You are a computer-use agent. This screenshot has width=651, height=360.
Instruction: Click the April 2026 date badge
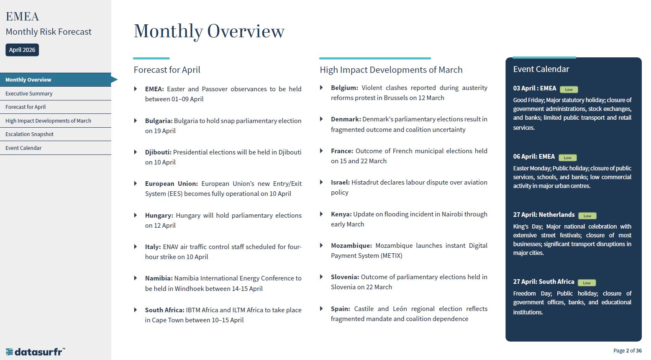click(x=22, y=50)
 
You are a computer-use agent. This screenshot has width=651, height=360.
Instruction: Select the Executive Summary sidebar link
click(x=29, y=93)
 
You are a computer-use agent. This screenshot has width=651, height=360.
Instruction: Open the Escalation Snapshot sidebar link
click(x=29, y=134)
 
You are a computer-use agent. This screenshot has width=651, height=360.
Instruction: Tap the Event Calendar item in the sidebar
click(x=23, y=148)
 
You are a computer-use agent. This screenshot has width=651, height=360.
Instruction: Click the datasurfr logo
click(x=35, y=352)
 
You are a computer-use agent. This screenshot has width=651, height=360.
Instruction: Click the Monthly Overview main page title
click(x=209, y=31)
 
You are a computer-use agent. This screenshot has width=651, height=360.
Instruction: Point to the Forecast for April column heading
click(x=167, y=70)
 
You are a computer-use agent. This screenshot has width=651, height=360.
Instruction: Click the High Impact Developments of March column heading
click(x=391, y=70)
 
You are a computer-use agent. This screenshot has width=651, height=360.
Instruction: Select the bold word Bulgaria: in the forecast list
click(x=159, y=121)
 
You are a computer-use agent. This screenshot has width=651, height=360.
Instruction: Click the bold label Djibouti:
click(x=158, y=152)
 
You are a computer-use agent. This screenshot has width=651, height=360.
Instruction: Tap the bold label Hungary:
click(x=159, y=215)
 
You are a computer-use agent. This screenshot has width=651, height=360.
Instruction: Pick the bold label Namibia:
click(x=159, y=278)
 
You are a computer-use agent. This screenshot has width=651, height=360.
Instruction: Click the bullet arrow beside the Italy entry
click(x=136, y=247)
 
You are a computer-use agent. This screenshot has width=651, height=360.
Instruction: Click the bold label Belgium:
click(x=344, y=87)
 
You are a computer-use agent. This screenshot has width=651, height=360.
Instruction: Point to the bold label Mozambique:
click(x=351, y=245)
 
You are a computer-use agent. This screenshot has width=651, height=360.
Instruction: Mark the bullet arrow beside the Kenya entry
click(x=321, y=214)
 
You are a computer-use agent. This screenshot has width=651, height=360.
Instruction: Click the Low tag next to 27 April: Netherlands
click(x=587, y=216)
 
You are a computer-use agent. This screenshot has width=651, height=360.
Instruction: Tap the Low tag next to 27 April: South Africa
click(x=587, y=283)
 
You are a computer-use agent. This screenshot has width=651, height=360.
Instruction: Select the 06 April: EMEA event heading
click(x=534, y=157)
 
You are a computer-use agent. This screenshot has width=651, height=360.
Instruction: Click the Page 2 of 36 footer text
click(x=627, y=350)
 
